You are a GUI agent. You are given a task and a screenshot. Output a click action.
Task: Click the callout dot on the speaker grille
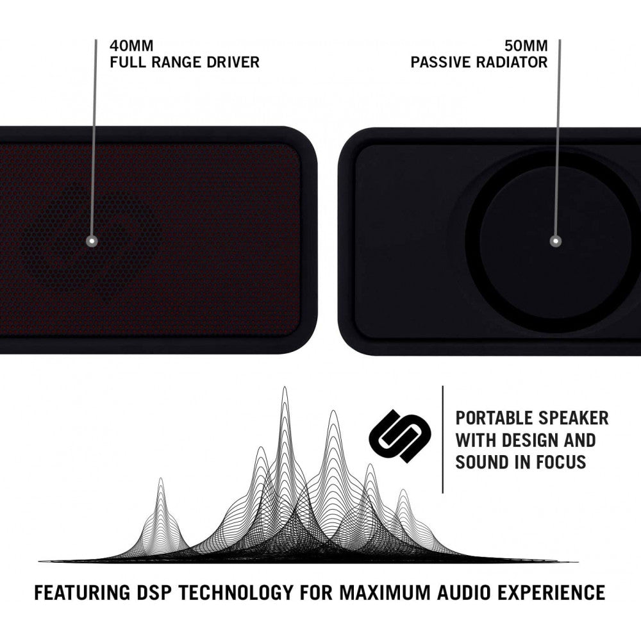click(92, 242)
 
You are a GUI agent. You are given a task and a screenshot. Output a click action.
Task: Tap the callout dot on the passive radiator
click(555, 242)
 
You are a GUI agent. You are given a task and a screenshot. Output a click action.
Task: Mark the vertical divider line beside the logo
click(443, 440)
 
